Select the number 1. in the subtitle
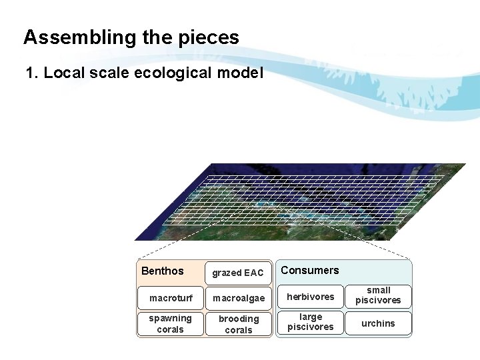pos(32,73)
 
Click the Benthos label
pos(162,271)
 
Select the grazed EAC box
pos(238,273)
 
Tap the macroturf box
pos(170,298)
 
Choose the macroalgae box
pos(238,298)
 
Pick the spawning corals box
pos(170,324)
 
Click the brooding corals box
pos(238,324)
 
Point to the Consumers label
pos(310,270)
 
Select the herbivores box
pos(310,297)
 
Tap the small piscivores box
pos(378,296)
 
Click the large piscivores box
pos(310,322)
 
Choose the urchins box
pos(378,323)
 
